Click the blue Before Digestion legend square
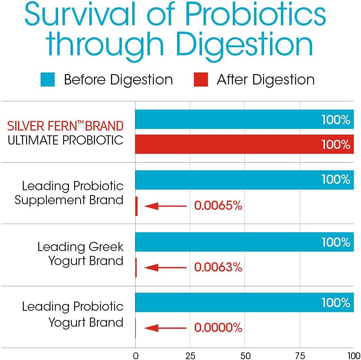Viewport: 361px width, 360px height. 48,79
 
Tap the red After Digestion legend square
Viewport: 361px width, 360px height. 201,79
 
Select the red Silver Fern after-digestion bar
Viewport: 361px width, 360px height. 244,144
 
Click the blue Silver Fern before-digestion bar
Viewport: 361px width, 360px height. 244,119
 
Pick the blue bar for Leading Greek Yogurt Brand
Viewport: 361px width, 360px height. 244,242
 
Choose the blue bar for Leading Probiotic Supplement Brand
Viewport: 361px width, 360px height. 244,180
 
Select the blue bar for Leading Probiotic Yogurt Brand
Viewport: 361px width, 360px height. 244,302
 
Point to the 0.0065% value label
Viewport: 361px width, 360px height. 218,206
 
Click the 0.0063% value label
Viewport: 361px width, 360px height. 218,267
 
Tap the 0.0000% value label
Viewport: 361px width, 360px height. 218,328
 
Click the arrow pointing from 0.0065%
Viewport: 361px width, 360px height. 165,206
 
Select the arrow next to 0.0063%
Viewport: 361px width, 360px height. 165,267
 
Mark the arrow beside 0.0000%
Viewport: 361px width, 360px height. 165,328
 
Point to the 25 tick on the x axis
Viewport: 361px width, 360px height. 190,355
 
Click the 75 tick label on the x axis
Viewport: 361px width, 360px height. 300,355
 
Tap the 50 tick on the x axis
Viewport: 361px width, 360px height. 245,355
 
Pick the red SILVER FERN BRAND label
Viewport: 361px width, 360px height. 65,126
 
